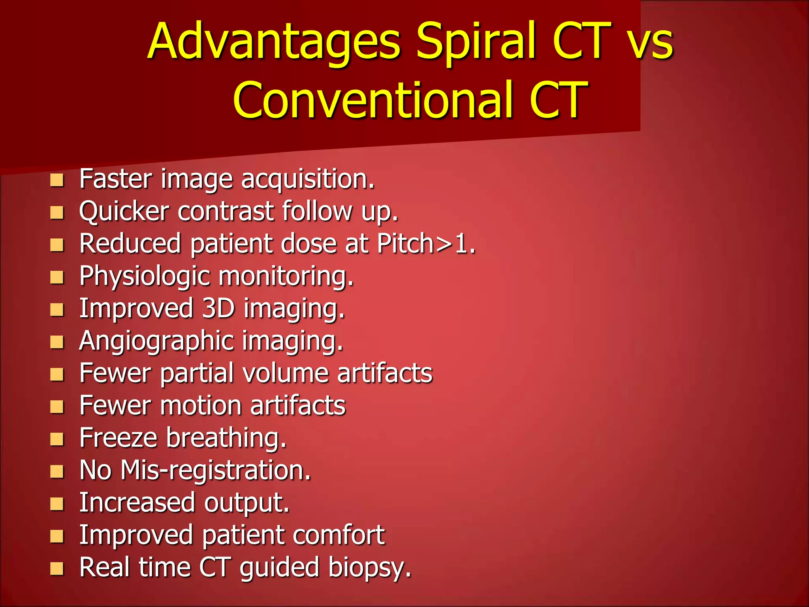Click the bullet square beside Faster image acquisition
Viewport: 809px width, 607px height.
(57, 181)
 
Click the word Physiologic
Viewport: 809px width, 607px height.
(144, 276)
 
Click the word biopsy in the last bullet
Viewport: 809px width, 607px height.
(369, 568)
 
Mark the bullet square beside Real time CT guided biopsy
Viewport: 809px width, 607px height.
(57, 569)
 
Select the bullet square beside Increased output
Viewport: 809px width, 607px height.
(57, 504)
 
